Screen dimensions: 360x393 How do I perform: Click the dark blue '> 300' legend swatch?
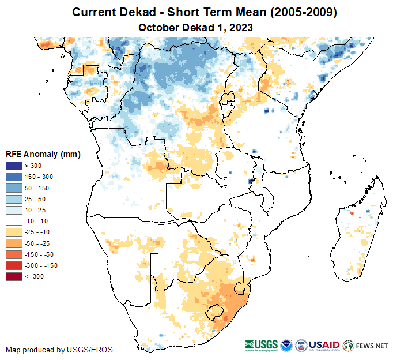click(14, 166)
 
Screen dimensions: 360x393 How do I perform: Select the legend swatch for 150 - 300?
click(14, 177)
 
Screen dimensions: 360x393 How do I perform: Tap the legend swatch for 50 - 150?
click(14, 187)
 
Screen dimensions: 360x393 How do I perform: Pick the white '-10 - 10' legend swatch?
click(14, 221)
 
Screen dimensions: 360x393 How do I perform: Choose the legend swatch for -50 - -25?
click(14, 243)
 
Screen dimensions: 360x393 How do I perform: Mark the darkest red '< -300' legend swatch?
click(14, 276)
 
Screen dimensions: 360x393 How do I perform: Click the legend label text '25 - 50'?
click(34, 199)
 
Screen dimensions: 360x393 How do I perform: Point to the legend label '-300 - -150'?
click(41, 265)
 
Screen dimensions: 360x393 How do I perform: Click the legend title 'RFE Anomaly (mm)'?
click(43, 154)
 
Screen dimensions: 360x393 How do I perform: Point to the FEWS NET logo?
click(365, 346)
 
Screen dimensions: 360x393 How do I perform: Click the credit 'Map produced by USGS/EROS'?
click(59, 350)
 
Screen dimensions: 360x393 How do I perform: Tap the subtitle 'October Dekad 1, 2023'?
click(196, 27)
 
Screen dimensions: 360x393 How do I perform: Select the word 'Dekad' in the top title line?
click(139, 12)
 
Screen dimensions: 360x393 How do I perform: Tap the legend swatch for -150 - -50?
click(14, 254)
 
